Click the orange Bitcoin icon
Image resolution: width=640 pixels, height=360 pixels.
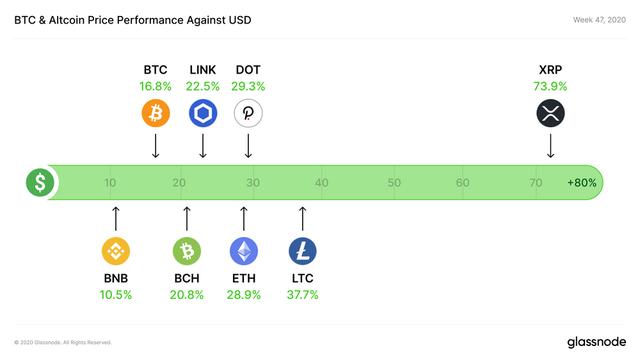155,113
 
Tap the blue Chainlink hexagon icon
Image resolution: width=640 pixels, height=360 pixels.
203,113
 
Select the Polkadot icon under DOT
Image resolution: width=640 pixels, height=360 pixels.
248,113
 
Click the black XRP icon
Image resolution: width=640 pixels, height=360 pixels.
550,113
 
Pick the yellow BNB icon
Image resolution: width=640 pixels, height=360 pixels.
116,250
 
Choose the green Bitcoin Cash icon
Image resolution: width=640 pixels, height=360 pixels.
187,250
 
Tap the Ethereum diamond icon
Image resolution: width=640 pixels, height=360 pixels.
243,250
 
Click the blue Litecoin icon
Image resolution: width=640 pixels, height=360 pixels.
302,250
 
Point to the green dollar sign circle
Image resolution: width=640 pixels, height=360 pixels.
41,183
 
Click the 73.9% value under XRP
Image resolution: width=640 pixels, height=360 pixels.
550,87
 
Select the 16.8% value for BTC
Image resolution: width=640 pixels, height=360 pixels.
155,87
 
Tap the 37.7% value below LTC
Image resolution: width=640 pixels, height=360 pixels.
302,294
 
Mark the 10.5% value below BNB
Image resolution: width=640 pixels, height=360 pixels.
116,294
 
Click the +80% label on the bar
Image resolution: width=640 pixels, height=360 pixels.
581,184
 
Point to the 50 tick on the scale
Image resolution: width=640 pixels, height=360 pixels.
394,184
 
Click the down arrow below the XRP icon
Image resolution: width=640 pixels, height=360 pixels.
550,146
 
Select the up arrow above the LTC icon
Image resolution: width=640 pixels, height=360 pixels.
302,218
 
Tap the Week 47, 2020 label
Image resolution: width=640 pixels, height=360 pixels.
592,19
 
